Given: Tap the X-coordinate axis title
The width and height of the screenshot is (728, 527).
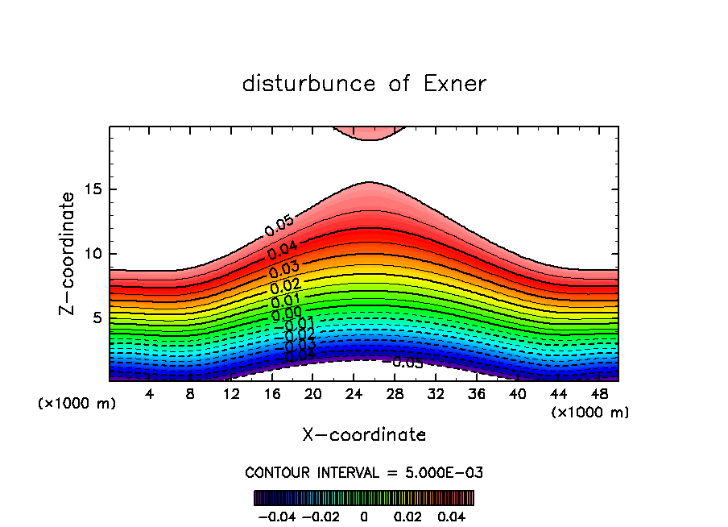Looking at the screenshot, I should [x=364, y=435].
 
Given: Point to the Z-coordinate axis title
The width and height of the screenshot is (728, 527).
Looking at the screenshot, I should [x=68, y=253].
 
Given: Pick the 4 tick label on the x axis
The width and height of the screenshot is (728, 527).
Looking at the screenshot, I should [x=149, y=395].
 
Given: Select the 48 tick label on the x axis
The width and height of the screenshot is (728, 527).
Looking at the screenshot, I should [x=600, y=395].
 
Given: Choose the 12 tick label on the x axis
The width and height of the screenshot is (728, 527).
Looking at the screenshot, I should [x=231, y=395].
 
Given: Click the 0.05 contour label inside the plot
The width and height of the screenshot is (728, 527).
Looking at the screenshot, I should [x=279, y=226].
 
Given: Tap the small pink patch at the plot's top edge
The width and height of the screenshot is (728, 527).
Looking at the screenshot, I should [x=370, y=132].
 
